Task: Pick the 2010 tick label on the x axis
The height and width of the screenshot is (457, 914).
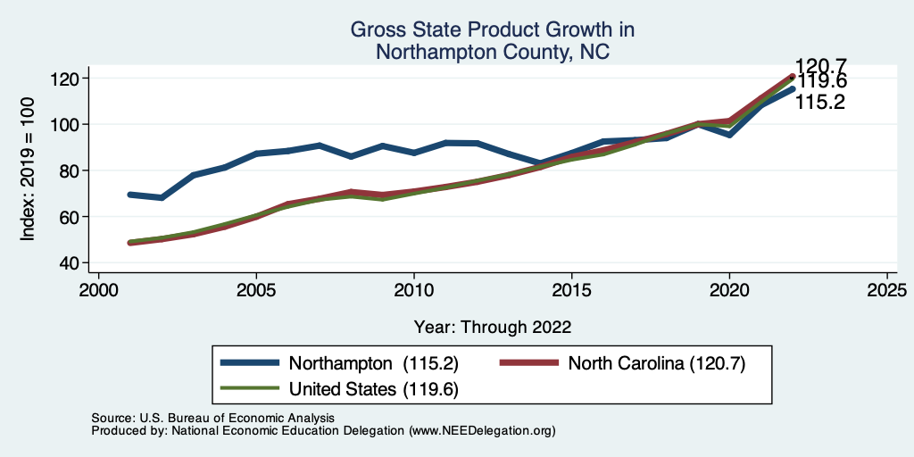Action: tap(413, 291)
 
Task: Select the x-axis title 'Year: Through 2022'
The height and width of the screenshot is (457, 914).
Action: tap(492, 326)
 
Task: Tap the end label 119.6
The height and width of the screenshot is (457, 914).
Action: tap(821, 82)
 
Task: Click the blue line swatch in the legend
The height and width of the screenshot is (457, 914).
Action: tap(251, 362)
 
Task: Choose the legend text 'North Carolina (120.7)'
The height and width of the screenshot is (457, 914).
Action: tap(656, 362)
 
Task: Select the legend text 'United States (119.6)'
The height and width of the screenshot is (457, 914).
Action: tap(374, 388)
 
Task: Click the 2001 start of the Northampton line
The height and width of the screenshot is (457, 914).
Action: tap(130, 194)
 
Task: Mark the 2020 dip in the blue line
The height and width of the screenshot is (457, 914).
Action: tap(729, 135)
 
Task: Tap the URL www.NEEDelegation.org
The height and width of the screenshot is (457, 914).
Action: tap(481, 430)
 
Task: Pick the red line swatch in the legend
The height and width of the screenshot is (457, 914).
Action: tap(528, 362)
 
